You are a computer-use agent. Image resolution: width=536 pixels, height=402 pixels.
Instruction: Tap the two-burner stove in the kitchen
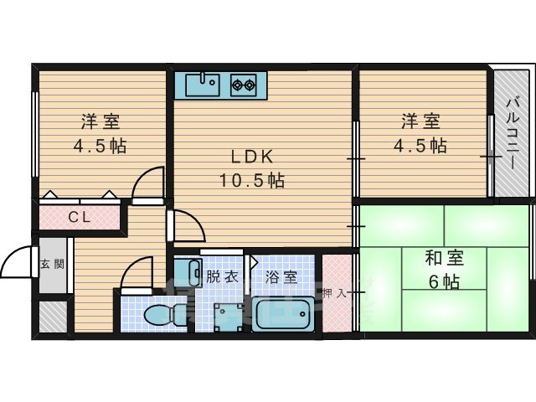(244, 83)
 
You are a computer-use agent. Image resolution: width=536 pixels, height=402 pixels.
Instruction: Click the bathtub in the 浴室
(283, 317)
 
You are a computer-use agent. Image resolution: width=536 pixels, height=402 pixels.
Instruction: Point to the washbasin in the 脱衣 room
(193, 273)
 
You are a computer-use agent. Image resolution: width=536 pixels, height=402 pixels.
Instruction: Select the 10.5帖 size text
(251, 179)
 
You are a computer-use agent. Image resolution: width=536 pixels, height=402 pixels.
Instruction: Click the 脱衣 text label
(221, 276)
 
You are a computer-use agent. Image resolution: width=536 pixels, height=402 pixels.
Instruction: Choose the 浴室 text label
(281, 276)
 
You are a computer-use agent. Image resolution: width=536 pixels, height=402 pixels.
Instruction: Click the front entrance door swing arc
(17, 263)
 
